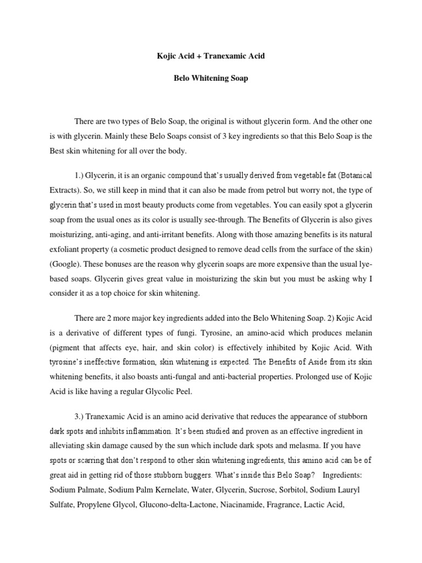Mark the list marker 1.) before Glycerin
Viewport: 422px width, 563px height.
click(81, 175)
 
